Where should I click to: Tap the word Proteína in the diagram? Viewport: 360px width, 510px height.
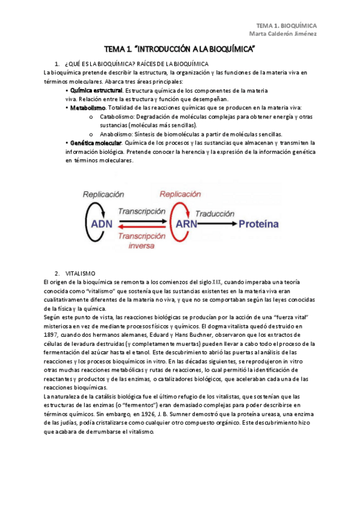point(264,224)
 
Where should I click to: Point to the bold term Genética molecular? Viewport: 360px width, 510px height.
point(96,143)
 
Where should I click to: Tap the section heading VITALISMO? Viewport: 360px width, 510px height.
point(80,272)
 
